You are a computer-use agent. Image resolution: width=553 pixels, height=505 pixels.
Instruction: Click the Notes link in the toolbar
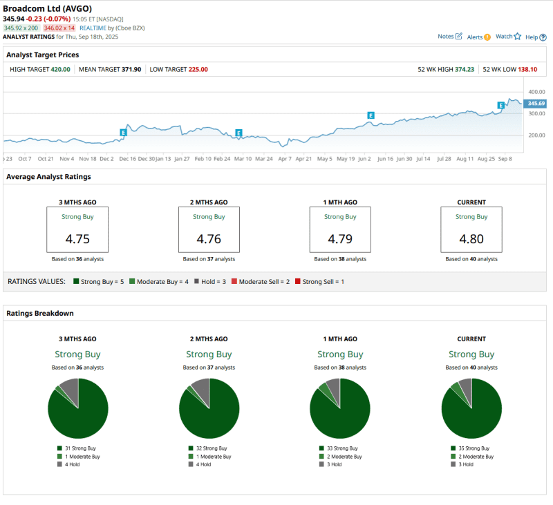(449, 37)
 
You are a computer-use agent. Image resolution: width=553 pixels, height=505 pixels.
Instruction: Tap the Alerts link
(478, 37)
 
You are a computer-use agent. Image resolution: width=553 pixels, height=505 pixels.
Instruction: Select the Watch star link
(508, 37)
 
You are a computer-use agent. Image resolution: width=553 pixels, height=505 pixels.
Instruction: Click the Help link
(534, 37)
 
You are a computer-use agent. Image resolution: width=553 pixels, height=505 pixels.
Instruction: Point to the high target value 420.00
(60, 69)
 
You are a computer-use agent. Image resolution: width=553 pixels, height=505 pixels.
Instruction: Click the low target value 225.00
(198, 69)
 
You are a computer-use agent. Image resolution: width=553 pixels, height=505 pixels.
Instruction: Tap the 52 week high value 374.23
(469, 69)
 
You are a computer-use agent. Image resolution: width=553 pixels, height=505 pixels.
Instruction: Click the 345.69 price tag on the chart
(536, 103)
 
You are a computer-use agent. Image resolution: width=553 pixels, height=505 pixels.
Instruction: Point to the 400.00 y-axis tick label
(536, 91)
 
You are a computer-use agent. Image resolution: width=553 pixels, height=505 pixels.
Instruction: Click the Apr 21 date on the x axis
(304, 158)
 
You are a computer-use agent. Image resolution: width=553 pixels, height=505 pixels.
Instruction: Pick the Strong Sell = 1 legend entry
(320, 282)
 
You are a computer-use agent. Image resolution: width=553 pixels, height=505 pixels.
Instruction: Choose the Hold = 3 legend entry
(209, 282)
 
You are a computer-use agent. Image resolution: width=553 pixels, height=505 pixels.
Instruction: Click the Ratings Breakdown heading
(39, 313)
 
